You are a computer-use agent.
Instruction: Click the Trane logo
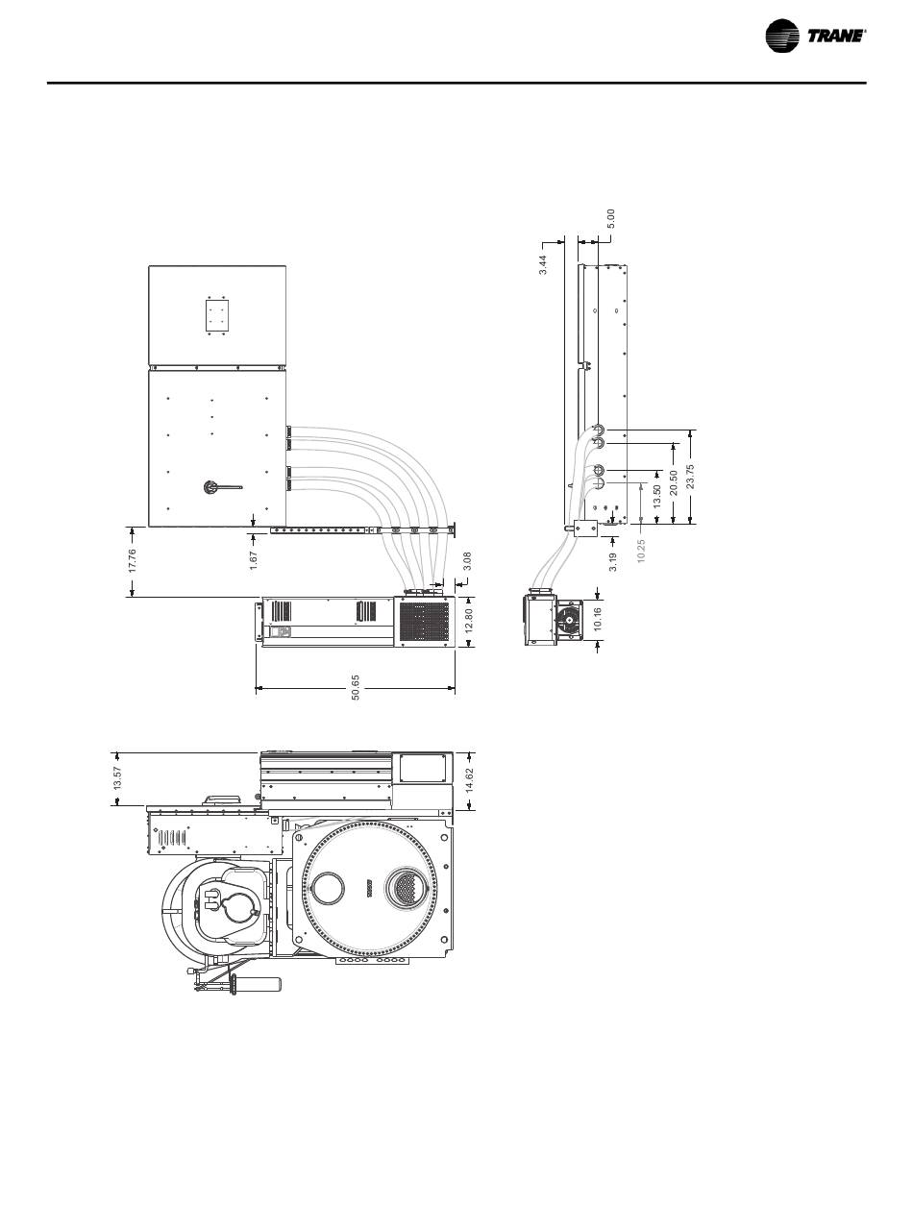[x=815, y=36]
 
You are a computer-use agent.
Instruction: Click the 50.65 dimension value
[x=356, y=687]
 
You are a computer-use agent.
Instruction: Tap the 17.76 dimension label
[x=133, y=560]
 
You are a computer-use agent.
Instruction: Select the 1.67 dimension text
[x=253, y=560]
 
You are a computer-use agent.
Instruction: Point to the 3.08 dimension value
[x=467, y=561]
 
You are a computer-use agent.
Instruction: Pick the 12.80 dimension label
[x=469, y=621]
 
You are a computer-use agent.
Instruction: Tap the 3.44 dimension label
[x=542, y=264]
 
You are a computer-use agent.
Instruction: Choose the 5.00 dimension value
[x=611, y=218]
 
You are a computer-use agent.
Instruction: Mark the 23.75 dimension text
[x=691, y=477]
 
